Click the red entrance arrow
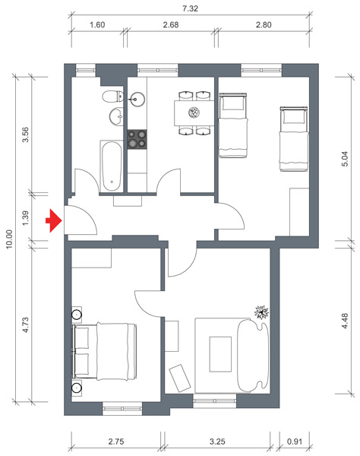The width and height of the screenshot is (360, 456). click(54, 220)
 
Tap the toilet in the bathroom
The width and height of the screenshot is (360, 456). click(112, 97)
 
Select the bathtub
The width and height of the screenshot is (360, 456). click(112, 166)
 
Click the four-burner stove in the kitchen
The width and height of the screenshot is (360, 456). click(137, 140)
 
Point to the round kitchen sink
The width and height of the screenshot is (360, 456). click(135, 99)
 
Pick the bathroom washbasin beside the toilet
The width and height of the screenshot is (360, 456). click(116, 116)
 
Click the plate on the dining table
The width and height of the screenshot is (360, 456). click(194, 112)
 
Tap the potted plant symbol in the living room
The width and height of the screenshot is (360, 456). click(261, 312)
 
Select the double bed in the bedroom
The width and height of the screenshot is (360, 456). click(105, 351)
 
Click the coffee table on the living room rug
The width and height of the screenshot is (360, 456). click(220, 354)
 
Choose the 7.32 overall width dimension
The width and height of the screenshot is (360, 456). click(191, 8)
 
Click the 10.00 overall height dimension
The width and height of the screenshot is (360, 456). click(9, 239)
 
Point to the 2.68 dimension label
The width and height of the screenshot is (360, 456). click(171, 25)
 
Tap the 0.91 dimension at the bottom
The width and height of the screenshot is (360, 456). click(295, 442)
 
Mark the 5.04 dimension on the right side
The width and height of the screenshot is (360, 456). click(345, 159)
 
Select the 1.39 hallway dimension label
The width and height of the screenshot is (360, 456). click(26, 218)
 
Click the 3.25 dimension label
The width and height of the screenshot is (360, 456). click(217, 442)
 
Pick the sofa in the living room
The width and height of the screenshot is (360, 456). click(252, 356)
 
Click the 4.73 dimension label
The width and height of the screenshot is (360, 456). click(26, 325)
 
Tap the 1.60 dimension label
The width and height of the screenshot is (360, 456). click(97, 25)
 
